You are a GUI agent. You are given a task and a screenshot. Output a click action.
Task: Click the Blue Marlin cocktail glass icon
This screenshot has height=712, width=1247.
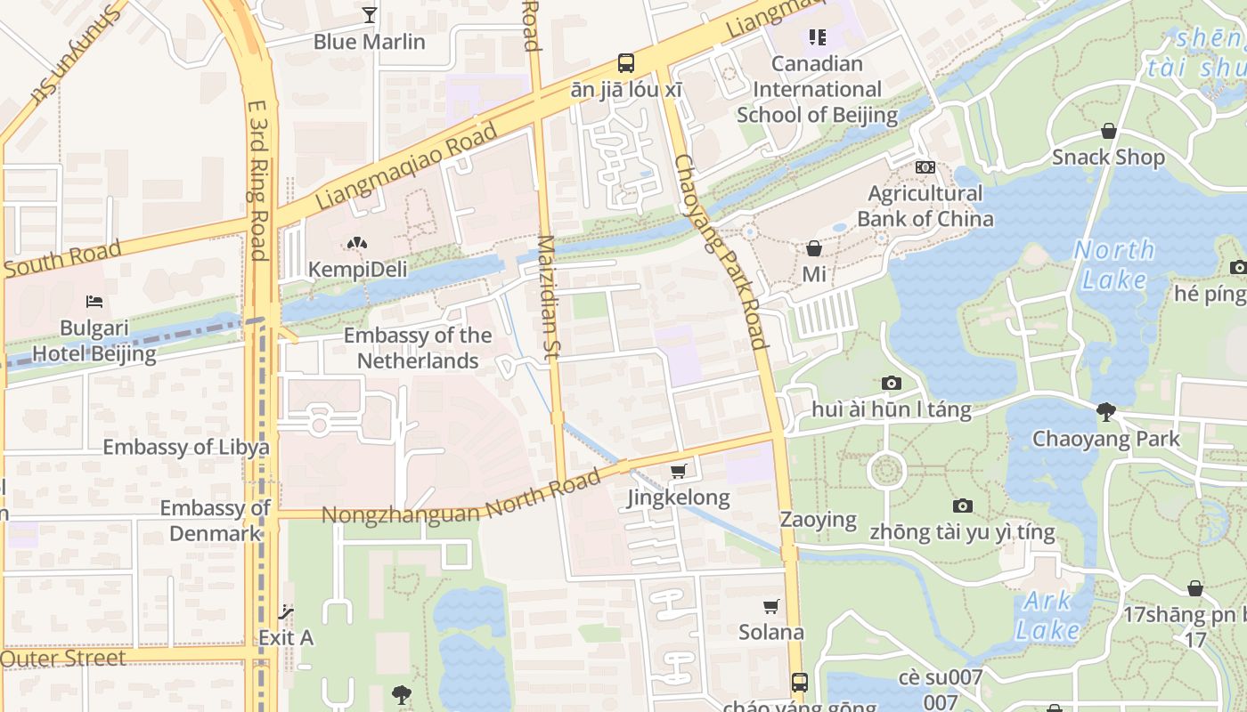coord(370,14)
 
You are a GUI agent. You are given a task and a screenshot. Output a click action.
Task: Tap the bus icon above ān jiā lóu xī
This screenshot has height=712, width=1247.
coord(626,63)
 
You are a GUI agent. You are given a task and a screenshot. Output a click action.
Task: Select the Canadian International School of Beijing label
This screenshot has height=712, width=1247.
coord(817,89)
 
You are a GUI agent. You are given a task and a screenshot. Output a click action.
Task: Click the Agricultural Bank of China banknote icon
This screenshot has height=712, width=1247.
coord(925,166)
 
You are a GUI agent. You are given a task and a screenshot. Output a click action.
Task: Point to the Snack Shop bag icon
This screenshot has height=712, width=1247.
coord(1108,131)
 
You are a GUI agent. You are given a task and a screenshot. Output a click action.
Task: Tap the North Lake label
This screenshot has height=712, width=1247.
coord(1113,264)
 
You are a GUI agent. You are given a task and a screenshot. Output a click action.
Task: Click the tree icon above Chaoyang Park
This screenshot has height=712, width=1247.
coord(1106,411)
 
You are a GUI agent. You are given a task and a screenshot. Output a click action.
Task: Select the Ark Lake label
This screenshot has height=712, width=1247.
coord(1047,616)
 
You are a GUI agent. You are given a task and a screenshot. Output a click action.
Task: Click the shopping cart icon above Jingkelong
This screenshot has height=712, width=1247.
coord(679,471)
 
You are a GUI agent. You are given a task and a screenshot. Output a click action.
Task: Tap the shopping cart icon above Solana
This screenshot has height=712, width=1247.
coord(771,606)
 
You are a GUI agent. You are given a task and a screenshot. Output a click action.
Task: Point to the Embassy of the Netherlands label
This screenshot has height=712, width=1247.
coord(418,348)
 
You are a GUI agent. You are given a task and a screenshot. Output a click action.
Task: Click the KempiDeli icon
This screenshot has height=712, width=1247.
coord(357,242)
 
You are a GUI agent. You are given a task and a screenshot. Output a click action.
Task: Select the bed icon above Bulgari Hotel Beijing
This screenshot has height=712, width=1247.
coord(94,302)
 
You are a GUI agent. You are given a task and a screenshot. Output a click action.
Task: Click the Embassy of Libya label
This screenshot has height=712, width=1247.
coord(186,447)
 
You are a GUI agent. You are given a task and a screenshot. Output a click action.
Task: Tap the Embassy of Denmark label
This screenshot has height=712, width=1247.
coord(216,521)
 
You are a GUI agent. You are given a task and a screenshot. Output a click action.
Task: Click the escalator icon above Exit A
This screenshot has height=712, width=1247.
coord(286,611)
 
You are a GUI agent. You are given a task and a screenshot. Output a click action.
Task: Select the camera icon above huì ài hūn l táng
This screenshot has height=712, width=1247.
coord(891,383)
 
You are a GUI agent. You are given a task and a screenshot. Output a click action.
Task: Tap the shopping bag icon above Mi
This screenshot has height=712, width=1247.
coord(814,247)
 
